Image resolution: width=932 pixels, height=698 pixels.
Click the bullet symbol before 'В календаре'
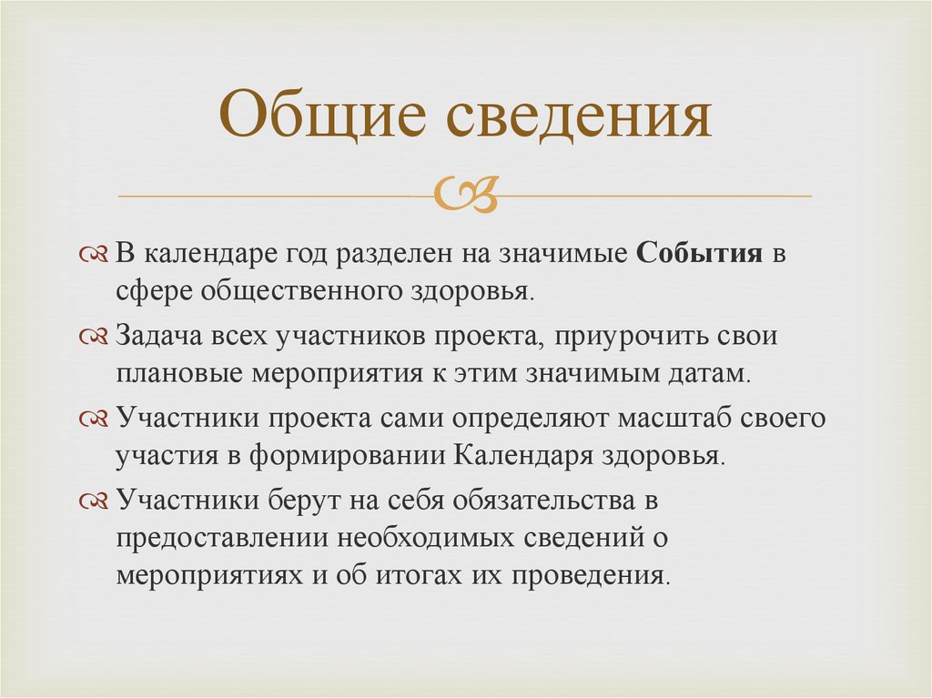pos(94,255)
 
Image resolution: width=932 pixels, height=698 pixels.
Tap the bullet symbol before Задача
pos(94,338)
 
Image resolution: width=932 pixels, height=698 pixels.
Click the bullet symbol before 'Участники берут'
pos(94,501)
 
